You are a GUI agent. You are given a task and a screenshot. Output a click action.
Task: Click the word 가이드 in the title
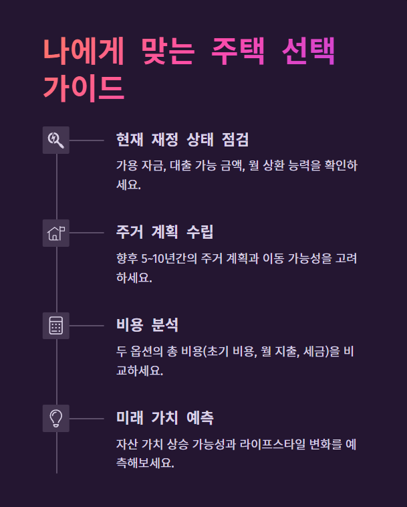pyautogui.click(x=84, y=87)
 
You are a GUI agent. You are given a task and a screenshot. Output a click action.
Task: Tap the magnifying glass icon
pyautogui.click(x=56, y=140)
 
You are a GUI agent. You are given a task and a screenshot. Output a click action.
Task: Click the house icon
pyautogui.click(x=56, y=233)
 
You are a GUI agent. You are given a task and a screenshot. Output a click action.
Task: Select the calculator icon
pyautogui.click(x=56, y=326)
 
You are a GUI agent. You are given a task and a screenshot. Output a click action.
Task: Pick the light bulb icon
pyautogui.click(x=56, y=418)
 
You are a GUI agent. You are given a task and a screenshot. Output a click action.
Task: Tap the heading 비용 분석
pyautogui.click(x=147, y=326)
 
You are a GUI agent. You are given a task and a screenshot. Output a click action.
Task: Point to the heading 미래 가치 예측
pyautogui.click(x=164, y=419)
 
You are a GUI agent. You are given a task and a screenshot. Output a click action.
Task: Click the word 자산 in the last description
pyautogui.click(x=127, y=444)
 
